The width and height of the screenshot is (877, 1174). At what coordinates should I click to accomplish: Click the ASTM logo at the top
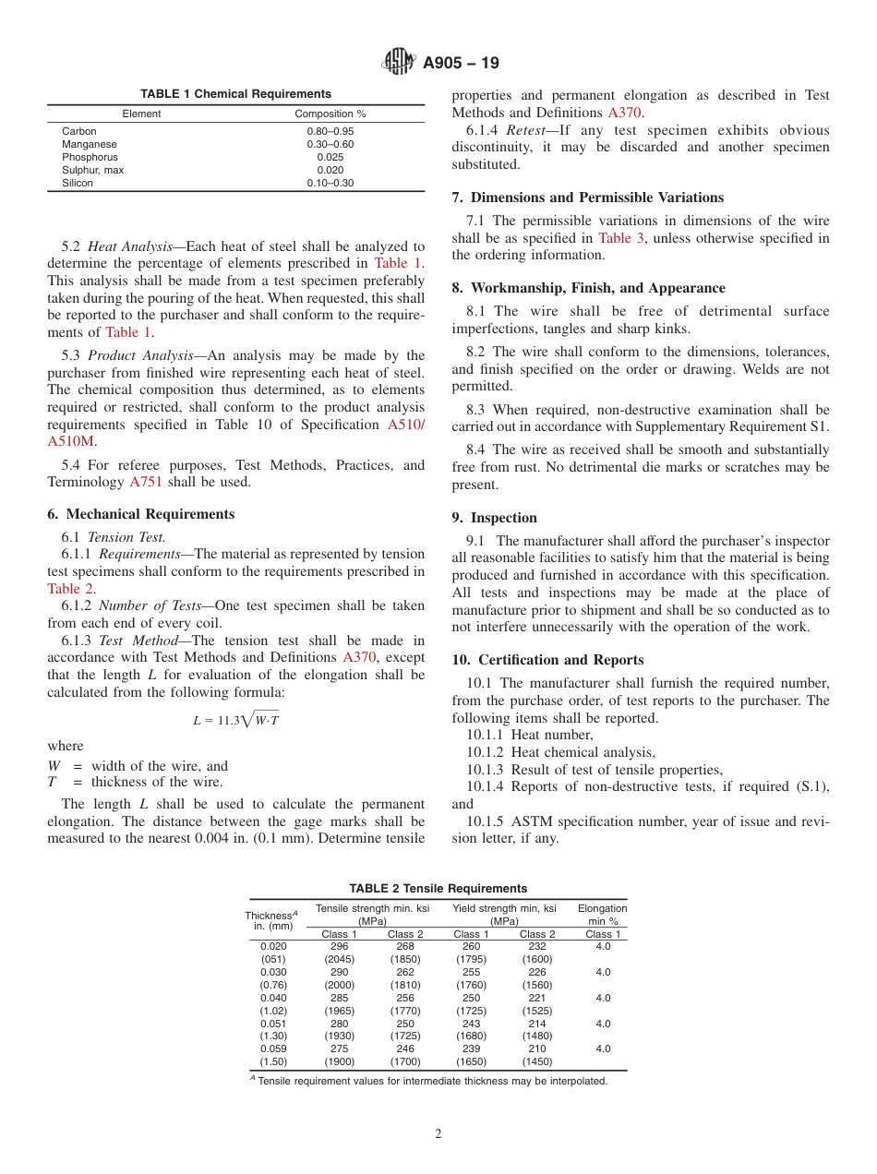click(399, 63)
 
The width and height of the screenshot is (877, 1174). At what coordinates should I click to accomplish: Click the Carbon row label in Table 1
click(78, 131)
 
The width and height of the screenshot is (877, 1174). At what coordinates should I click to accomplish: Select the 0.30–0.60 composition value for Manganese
click(330, 144)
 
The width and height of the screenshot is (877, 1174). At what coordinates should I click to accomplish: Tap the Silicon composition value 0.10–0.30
click(330, 183)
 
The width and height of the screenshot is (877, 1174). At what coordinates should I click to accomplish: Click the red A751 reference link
click(146, 482)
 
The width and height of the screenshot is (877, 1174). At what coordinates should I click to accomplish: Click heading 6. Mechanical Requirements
click(140, 514)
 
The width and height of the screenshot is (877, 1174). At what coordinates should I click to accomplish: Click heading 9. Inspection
click(494, 518)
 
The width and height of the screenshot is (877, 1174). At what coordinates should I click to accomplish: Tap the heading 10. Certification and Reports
click(547, 660)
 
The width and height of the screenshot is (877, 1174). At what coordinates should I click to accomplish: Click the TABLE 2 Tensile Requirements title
click(438, 888)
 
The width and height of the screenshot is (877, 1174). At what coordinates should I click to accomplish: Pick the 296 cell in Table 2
click(339, 946)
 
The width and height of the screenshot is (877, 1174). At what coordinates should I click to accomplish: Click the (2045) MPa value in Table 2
click(339, 959)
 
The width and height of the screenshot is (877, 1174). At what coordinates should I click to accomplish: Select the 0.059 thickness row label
click(273, 1048)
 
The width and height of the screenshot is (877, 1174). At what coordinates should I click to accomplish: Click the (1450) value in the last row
click(537, 1061)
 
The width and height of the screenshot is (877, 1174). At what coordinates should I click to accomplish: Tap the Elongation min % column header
click(602, 915)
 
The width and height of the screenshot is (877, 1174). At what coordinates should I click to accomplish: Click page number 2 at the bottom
click(438, 1134)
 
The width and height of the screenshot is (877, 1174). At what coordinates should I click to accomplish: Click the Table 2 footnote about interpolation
click(432, 1081)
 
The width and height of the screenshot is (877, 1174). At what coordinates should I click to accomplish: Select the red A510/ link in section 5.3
click(405, 425)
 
